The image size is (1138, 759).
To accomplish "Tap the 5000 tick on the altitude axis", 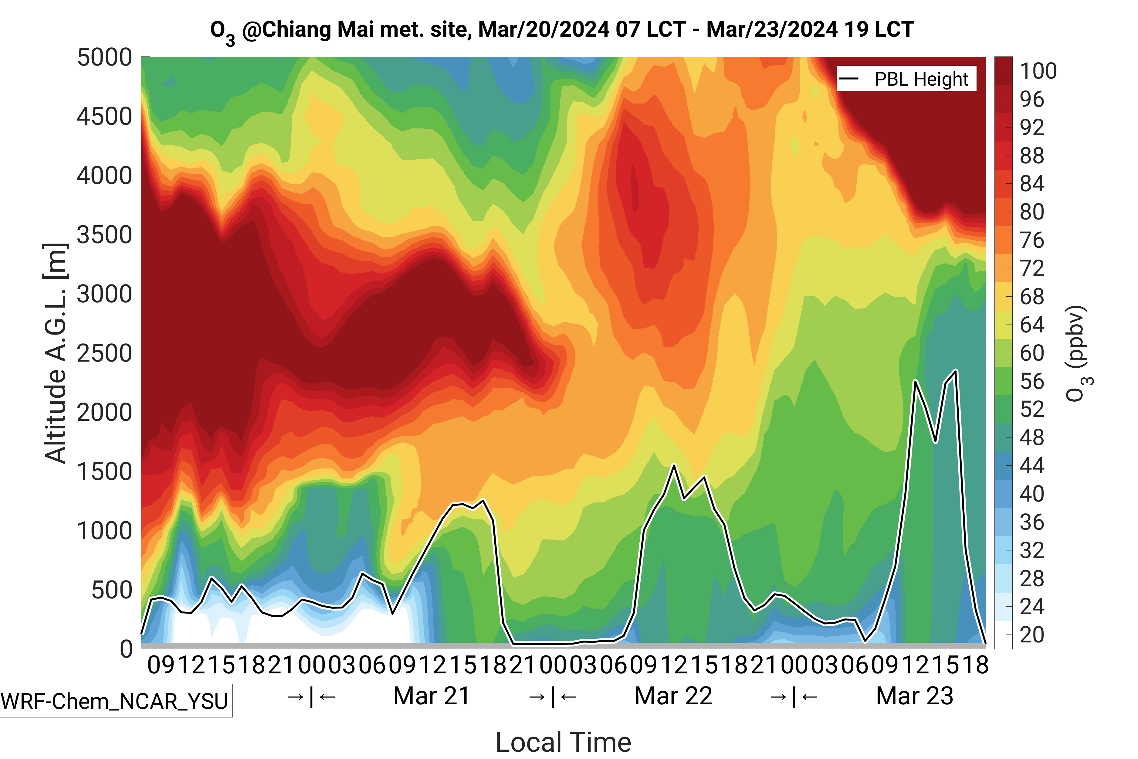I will click(104, 58).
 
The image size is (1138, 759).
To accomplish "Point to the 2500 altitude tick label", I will click(104, 353).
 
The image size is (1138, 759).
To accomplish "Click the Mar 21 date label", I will click(432, 696).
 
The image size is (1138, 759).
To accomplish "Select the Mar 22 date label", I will click(673, 696).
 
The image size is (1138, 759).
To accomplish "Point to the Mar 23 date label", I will click(914, 696).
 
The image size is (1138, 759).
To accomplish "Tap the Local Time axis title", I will click(563, 742).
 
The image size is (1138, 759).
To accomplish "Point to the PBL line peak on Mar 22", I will click(674, 465).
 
